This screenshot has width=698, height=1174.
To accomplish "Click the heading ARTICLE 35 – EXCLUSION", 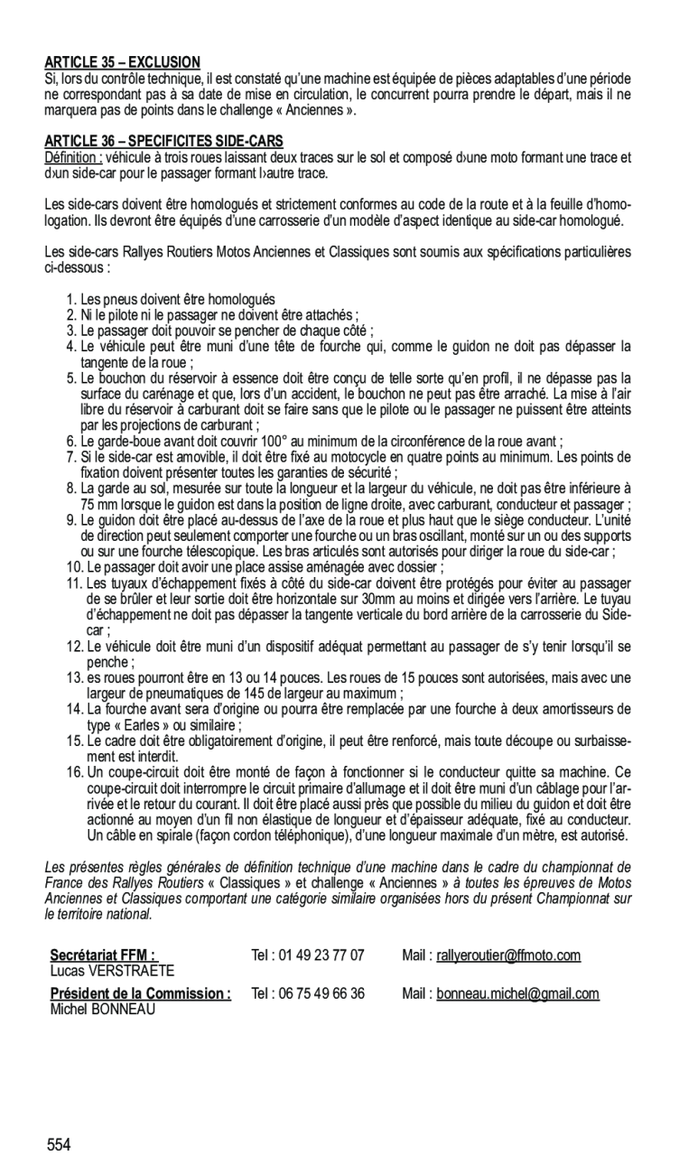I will click(x=122, y=63).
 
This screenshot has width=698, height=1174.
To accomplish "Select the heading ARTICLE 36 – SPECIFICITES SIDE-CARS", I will click(x=163, y=142).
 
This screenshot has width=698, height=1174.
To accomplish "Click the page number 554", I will click(x=60, y=1145).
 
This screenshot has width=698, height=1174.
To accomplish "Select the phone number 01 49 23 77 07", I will click(x=321, y=955).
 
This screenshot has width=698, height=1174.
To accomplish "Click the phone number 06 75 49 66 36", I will click(x=321, y=994).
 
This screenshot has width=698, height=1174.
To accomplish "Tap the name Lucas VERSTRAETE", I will click(x=112, y=971).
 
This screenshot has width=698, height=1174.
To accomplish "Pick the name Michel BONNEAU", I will click(x=102, y=1010).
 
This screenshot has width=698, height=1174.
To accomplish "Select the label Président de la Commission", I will click(x=139, y=994).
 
